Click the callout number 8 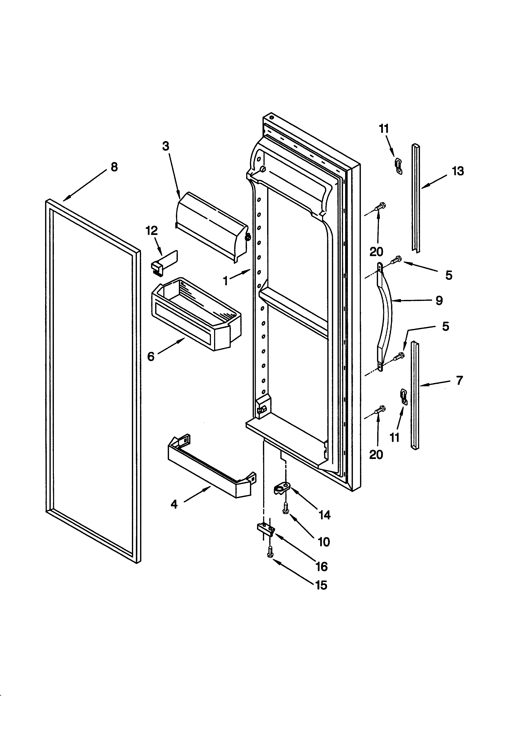114,167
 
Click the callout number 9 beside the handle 439,300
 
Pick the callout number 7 459,380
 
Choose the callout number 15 321,585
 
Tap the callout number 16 322,567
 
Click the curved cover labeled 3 211,226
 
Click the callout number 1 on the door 226,281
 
